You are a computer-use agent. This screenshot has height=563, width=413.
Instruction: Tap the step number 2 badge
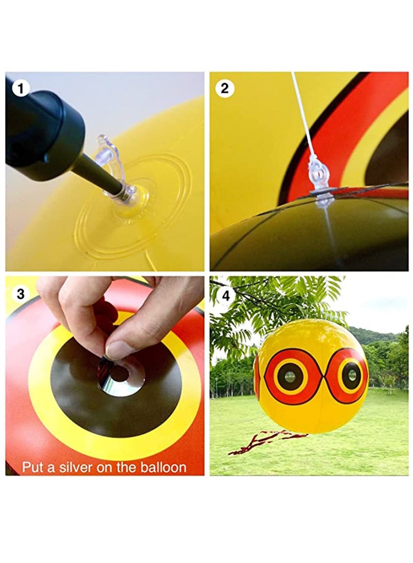click(x=225, y=88)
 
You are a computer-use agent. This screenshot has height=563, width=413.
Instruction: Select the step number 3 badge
click(x=21, y=294)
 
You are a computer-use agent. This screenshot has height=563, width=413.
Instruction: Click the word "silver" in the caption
click(x=70, y=468)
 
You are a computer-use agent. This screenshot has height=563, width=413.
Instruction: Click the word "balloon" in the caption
click(x=161, y=468)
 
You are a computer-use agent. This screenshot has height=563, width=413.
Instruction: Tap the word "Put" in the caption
click(x=33, y=468)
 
